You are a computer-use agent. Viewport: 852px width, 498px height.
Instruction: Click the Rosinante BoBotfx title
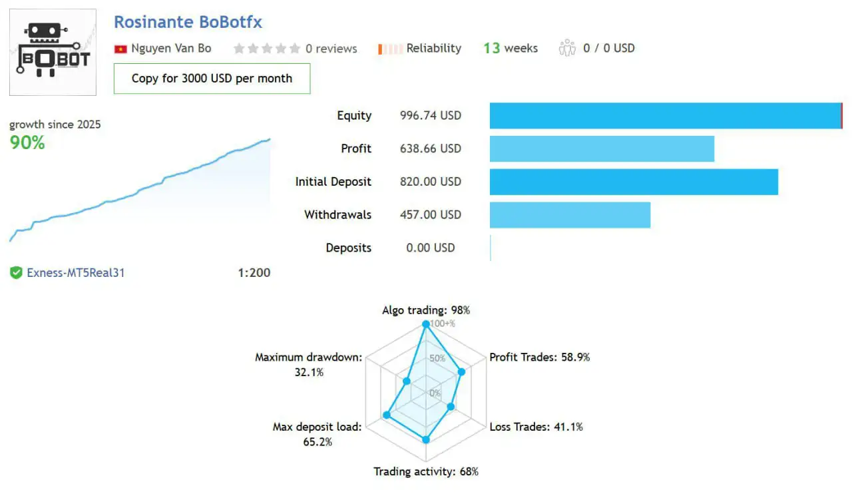[x=188, y=22]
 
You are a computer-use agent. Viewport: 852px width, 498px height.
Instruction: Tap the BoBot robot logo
[x=53, y=52]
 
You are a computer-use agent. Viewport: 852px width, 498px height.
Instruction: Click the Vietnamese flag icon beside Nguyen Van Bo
[x=120, y=49]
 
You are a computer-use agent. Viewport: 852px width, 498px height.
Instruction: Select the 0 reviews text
[x=331, y=49]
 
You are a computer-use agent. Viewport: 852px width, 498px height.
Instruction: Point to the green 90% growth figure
[x=27, y=142]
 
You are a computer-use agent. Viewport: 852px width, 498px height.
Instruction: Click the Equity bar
[x=666, y=116]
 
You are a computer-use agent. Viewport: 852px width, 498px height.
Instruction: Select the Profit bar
[x=602, y=148]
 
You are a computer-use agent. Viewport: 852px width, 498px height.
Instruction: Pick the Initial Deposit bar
[x=634, y=182]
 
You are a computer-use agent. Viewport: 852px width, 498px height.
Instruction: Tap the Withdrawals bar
[x=570, y=215]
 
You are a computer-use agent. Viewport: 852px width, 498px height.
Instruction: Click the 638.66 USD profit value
[x=430, y=148]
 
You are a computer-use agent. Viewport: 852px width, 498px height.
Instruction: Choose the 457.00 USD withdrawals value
[x=430, y=215]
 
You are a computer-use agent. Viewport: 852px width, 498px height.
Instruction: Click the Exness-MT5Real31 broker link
[x=75, y=272]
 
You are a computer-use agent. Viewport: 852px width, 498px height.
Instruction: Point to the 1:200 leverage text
[x=254, y=272]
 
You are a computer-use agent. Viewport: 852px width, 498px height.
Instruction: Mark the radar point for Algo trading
[x=426, y=324]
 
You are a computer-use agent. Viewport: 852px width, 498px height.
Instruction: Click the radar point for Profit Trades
[x=461, y=372]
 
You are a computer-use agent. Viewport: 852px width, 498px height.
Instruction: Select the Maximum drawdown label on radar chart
[x=309, y=358]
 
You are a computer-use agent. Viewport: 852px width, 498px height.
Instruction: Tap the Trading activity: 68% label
[x=426, y=471]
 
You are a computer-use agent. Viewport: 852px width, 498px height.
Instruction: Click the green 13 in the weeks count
[x=491, y=48]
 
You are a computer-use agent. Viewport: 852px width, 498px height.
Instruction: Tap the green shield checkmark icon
[x=17, y=272]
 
